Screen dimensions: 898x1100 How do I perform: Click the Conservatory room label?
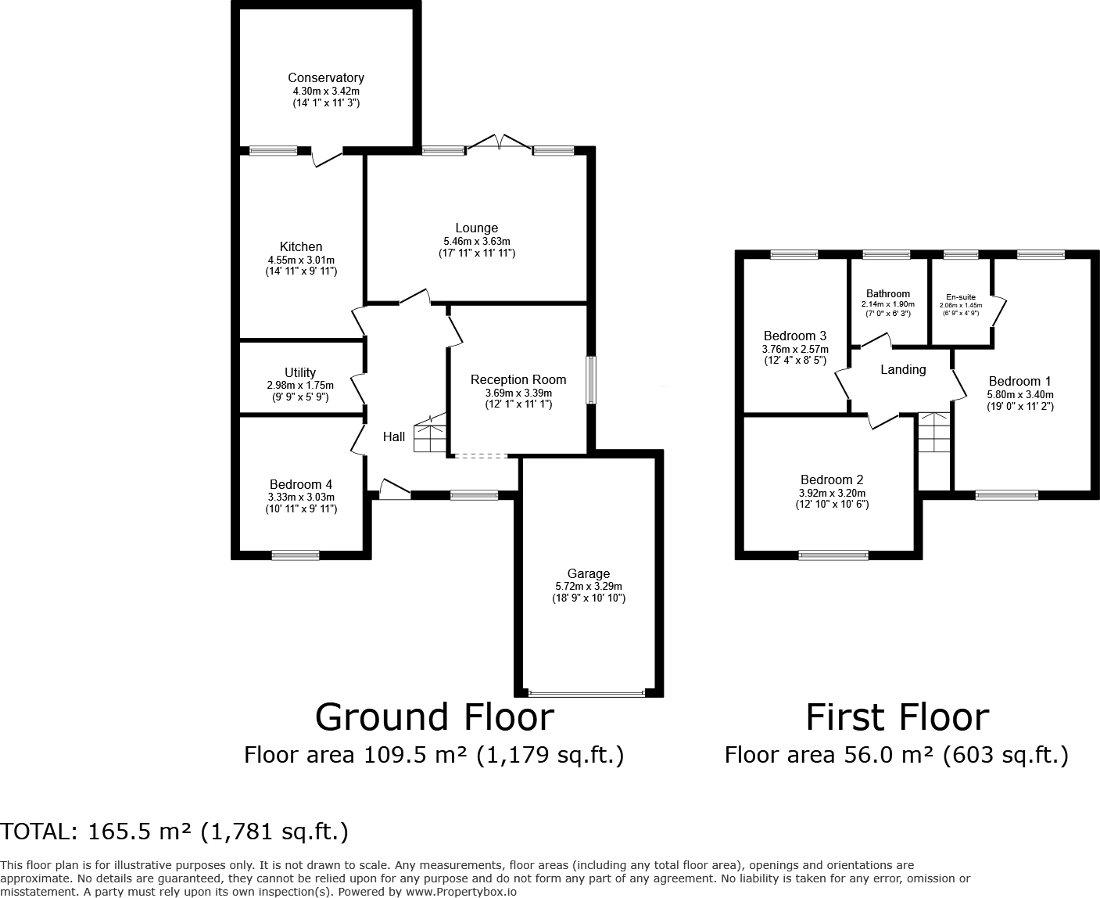click(325, 77)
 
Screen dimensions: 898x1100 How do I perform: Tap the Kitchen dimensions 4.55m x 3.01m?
click(301, 260)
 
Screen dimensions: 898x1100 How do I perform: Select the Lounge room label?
click(476, 228)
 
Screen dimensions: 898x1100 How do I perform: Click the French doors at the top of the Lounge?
click(499, 143)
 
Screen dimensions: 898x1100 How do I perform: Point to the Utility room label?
click(300, 372)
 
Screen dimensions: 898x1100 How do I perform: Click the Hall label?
click(394, 436)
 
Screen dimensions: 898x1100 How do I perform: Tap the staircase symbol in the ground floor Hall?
click(429, 434)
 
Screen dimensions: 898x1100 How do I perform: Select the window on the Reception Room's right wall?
click(592, 380)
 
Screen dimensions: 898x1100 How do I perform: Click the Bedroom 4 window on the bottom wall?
click(296, 555)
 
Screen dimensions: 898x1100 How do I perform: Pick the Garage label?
click(588, 573)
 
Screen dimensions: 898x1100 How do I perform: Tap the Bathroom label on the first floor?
click(888, 294)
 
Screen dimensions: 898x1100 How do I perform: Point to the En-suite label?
click(960, 297)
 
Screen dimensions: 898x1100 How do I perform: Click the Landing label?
click(903, 369)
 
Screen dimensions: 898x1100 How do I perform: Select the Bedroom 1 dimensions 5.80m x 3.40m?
click(1019, 395)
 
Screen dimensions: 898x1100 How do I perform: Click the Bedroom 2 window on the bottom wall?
click(833, 555)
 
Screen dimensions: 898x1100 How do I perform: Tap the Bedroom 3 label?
click(794, 336)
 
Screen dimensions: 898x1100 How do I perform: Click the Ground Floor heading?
click(434, 717)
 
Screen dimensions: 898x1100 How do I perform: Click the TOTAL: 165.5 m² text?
click(174, 832)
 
